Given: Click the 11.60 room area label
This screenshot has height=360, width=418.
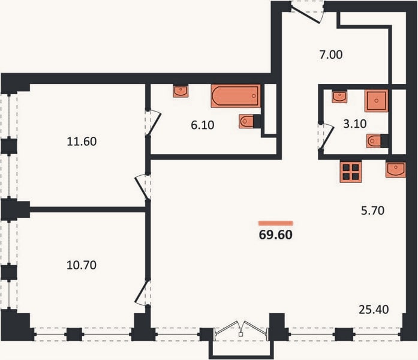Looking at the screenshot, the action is pyautogui.click(x=82, y=142).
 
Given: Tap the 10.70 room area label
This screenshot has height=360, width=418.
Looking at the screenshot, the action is pyautogui.click(x=82, y=265).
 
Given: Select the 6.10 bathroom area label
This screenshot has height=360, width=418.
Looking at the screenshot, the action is pyautogui.click(x=203, y=125).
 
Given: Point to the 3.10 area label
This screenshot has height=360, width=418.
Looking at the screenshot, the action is pyautogui.click(x=355, y=124).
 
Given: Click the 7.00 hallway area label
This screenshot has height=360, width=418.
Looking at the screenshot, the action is pyautogui.click(x=331, y=55).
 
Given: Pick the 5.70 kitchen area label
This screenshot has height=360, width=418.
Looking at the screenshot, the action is pyautogui.click(x=372, y=211).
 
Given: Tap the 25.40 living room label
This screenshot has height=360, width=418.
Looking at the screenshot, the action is pyautogui.click(x=374, y=310).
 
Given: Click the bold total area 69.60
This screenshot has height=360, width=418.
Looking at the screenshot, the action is pyautogui.click(x=276, y=235).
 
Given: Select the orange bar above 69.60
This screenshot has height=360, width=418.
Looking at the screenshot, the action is pyautogui.click(x=276, y=223).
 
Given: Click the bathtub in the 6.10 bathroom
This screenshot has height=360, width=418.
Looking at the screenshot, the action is pyautogui.click(x=236, y=96).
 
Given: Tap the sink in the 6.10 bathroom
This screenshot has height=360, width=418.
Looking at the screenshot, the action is pyautogui.click(x=181, y=91).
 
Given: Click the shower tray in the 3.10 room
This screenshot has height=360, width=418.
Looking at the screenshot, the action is pyautogui.click(x=377, y=101).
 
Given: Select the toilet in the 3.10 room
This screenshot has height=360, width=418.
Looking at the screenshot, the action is pyautogui.click(x=377, y=141).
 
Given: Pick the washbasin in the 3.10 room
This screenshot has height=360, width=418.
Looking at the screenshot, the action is pyautogui.click(x=339, y=97).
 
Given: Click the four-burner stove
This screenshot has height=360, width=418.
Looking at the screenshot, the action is pyautogui.click(x=351, y=172).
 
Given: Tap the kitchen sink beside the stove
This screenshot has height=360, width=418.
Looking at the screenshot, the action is pyautogui.click(x=396, y=170).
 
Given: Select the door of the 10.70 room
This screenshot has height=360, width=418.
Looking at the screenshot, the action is pyautogui.click(x=142, y=292).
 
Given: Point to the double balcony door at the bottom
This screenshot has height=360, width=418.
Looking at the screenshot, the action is pyautogui.click(x=241, y=328).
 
